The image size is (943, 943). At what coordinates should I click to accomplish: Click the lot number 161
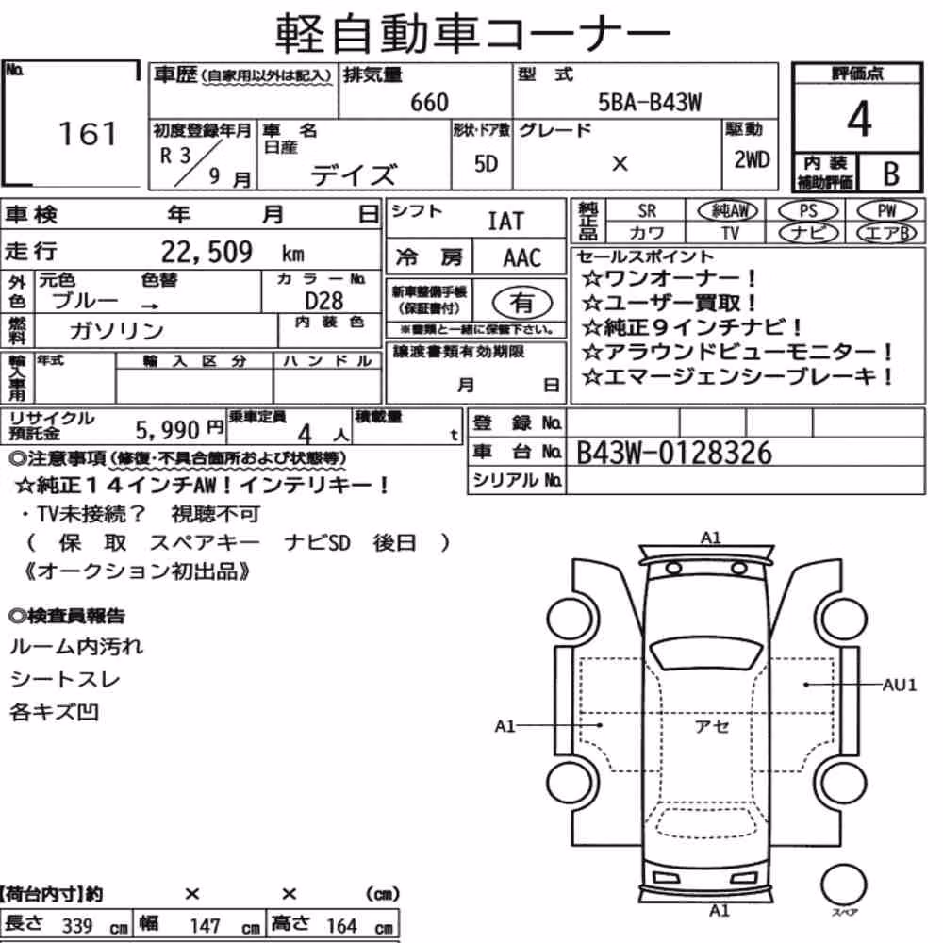(88, 134)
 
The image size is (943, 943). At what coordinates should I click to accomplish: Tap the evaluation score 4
(859, 119)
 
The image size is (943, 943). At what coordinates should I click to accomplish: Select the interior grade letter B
(891, 174)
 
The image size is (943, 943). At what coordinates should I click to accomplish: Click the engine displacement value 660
(429, 102)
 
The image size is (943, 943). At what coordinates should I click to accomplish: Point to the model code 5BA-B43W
(650, 102)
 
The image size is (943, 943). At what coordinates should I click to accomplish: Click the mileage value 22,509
(207, 252)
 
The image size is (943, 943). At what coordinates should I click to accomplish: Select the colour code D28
(324, 301)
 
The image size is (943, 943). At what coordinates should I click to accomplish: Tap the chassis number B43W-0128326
(674, 453)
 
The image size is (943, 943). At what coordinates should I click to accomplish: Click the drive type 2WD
(752, 159)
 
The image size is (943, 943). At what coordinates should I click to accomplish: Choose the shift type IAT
(505, 222)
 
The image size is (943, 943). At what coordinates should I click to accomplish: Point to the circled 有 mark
(522, 302)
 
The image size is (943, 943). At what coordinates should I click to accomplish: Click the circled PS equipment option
(808, 211)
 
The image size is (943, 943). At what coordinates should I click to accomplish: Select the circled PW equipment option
(886, 211)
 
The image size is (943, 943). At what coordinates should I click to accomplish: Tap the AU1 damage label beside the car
(900, 685)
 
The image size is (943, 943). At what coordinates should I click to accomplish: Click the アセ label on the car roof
(712, 726)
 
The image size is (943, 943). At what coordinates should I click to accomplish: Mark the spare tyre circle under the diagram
(844, 885)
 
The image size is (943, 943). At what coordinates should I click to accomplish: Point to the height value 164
(341, 926)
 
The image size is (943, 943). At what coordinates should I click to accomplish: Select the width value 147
(205, 926)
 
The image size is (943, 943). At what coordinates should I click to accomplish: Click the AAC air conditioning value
(522, 258)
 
